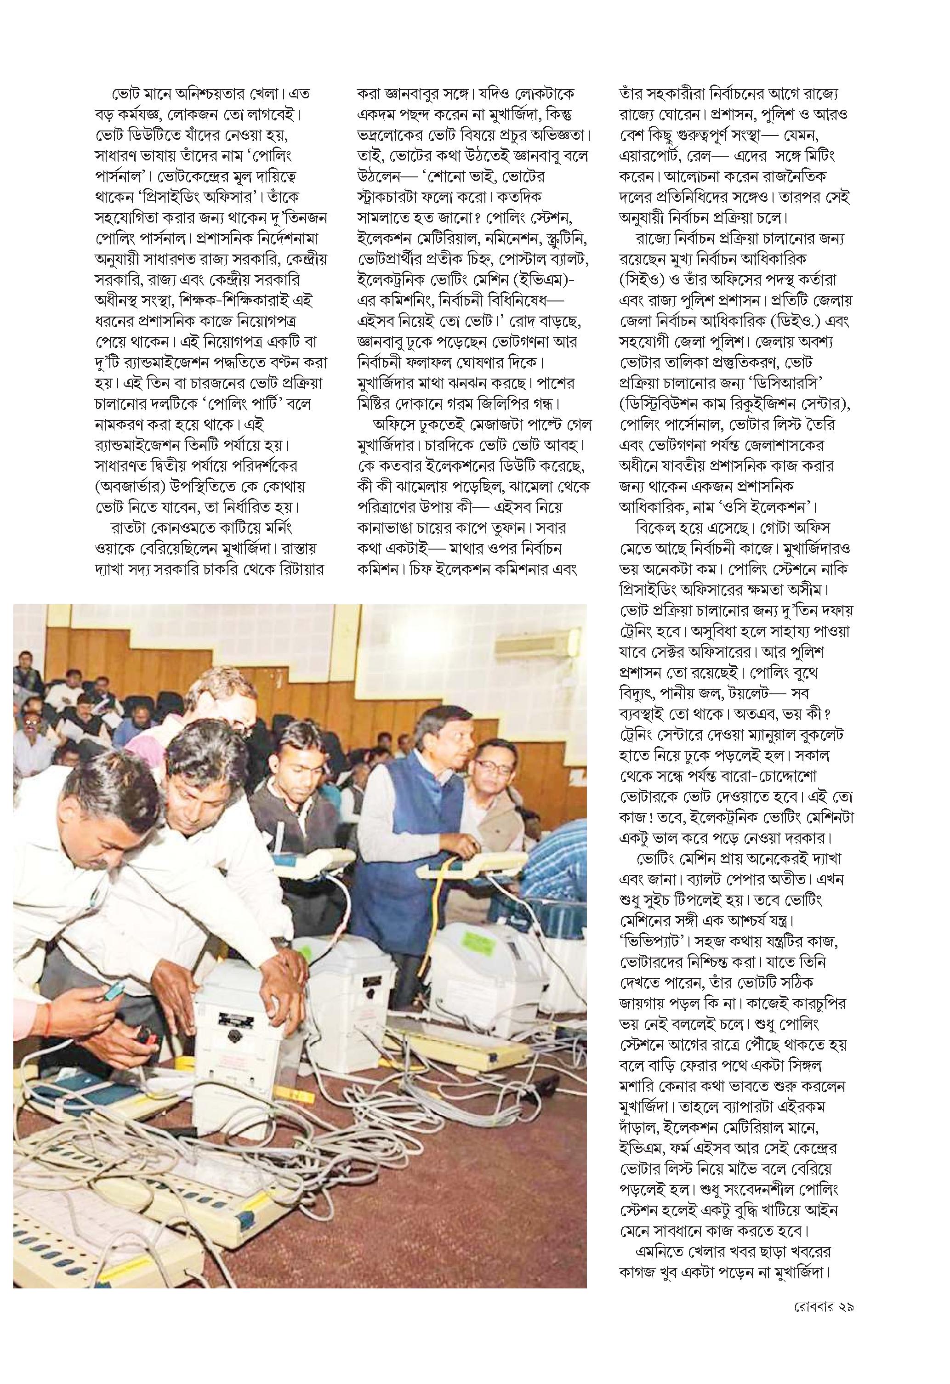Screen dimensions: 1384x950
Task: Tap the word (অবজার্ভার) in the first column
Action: point(134,487)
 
